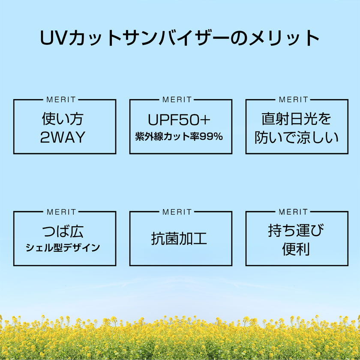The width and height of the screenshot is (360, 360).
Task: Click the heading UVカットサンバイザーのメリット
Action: tap(180, 38)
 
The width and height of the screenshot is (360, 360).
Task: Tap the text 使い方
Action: tap(63, 119)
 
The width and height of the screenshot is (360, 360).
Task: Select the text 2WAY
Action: tap(63, 137)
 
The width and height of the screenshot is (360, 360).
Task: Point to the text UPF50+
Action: tap(179, 120)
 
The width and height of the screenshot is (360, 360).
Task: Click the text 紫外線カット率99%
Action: tap(179, 137)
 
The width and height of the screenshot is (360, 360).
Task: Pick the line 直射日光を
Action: tap(297, 119)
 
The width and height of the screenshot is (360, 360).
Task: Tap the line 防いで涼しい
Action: tap(297, 137)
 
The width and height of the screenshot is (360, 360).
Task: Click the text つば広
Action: tap(63, 231)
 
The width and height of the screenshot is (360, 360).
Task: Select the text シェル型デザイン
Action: tap(63, 248)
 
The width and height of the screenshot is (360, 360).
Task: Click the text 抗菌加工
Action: tap(179, 239)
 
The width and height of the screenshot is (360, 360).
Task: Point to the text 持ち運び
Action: tap(296, 231)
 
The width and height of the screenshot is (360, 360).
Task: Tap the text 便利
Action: tap(296, 249)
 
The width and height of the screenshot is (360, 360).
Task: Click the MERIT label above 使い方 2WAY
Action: tap(61, 99)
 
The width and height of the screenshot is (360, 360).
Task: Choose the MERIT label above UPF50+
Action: tap(177, 99)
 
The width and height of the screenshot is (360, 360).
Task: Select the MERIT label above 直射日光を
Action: tap(294, 99)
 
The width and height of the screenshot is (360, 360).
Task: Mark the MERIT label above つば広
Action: tap(61, 212)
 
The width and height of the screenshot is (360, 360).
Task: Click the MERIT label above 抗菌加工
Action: tap(177, 212)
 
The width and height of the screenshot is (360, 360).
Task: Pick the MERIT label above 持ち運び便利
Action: tap(294, 212)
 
